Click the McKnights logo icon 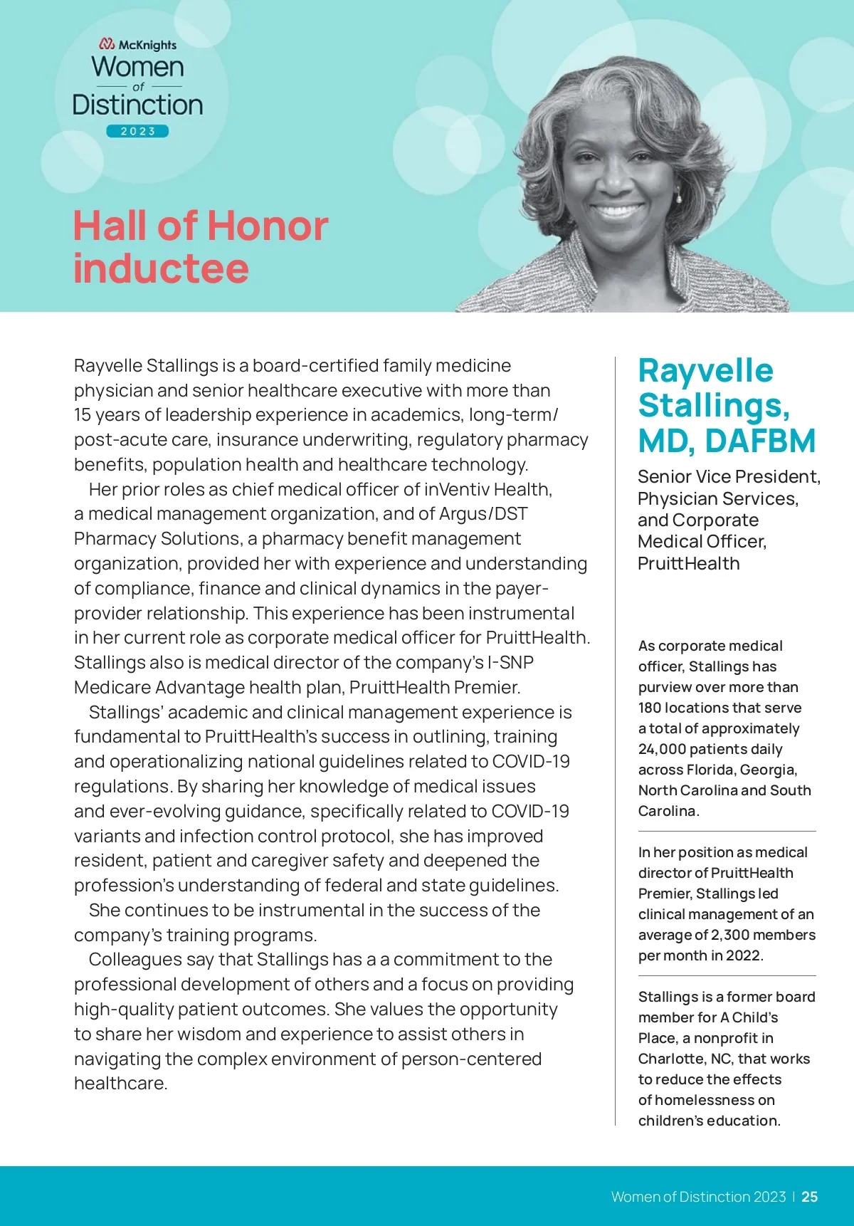(107, 45)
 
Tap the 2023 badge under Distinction (137, 131)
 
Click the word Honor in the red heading (268, 226)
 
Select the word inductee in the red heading (161, 268)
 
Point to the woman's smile (618, 211)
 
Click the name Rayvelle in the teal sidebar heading (705, 371)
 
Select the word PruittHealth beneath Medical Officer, (688, 564)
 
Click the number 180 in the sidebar (651, 708)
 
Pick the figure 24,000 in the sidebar (662, 749)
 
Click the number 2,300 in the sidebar (730, 935)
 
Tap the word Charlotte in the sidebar (671, 1059)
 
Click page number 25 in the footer (809, 1197)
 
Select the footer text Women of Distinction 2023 (698, 1197)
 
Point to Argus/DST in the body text (483, 514)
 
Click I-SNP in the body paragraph (510, 663)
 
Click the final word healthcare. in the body (120, 1084)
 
